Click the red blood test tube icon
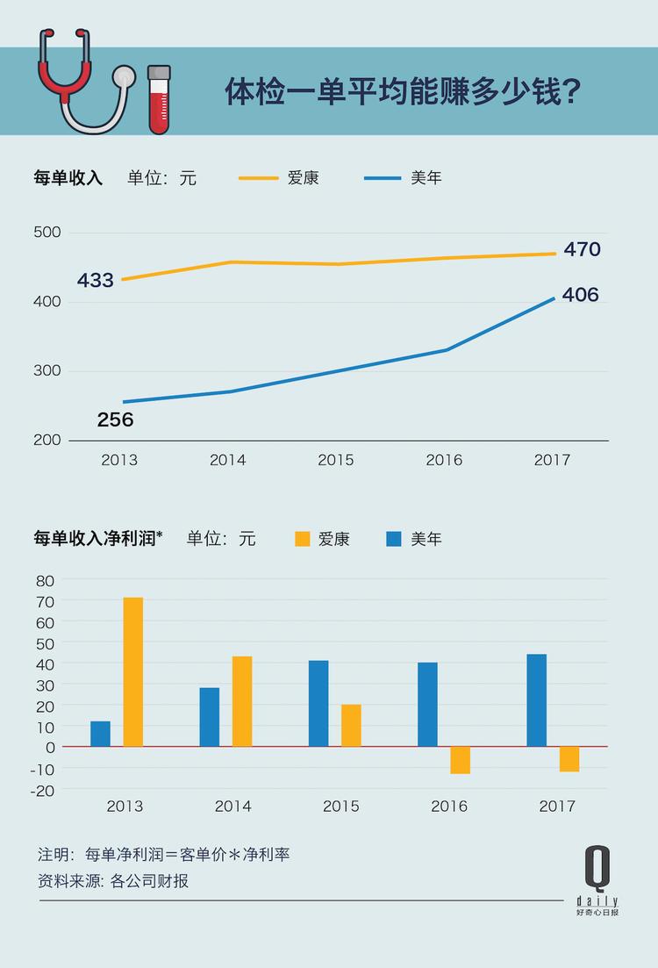(159, 99)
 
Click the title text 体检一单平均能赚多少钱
(405, 91)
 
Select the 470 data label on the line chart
(582, 249)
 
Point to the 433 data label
(95, 280)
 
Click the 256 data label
(115, 420)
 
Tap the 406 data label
(580, 295)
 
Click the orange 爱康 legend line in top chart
(258, 178)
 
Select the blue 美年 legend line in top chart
(382, 178)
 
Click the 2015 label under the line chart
(335, 460)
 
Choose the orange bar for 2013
(132, 672)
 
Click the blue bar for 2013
(100, 734)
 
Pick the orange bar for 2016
(460, 760)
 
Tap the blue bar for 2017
(536, 700)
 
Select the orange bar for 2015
(351, 725)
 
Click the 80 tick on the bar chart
(46, 580)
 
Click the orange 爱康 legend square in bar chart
(303, 539)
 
